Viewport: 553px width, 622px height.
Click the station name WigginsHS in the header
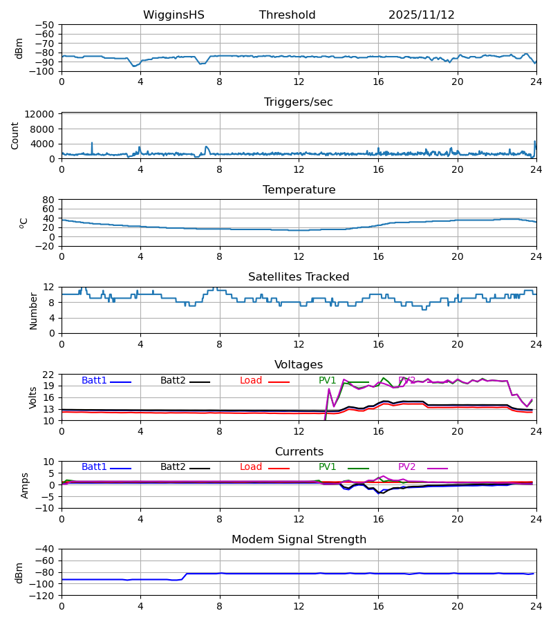(x=174, y=15)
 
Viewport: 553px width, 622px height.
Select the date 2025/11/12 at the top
(x=421, y=15)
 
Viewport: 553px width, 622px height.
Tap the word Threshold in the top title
(x=287, y=15)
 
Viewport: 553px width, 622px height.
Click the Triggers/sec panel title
(x=298, y=102)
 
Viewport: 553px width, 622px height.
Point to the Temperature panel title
(x=299, y=190)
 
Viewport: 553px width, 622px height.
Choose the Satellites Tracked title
(x=299, y=277)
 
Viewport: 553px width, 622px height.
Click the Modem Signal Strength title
(x=299, y=540)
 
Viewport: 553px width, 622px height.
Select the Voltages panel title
(x=299, y=365)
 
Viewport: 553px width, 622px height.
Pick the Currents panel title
(x=299, y=452)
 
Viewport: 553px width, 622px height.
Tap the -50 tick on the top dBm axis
(x=46, y=25)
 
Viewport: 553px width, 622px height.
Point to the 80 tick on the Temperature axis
(x=49, y=200)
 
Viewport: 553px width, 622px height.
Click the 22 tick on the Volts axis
(x=49, y=375)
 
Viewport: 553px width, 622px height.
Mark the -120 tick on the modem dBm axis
(x=43, y=596)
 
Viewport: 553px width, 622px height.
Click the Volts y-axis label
(x=33, y=397)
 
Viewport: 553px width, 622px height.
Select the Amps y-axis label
(x=26, y=485)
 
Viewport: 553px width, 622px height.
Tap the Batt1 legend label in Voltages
(x=94, y=381)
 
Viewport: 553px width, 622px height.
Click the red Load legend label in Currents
(x=251, y=467)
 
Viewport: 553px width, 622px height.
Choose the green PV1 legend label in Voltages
(x=327, y=381)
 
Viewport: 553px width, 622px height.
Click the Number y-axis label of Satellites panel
(x=33, y=310)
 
